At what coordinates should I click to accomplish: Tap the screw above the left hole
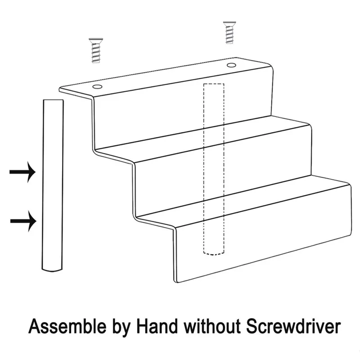pos(94,50)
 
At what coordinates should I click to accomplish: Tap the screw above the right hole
pos(229,34)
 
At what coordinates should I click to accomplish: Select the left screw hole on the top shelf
pos(97,85)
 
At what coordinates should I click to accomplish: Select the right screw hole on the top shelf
pos(232,66)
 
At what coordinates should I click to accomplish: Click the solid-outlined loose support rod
pos(53,184)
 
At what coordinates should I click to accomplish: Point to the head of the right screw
pos(229,25)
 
